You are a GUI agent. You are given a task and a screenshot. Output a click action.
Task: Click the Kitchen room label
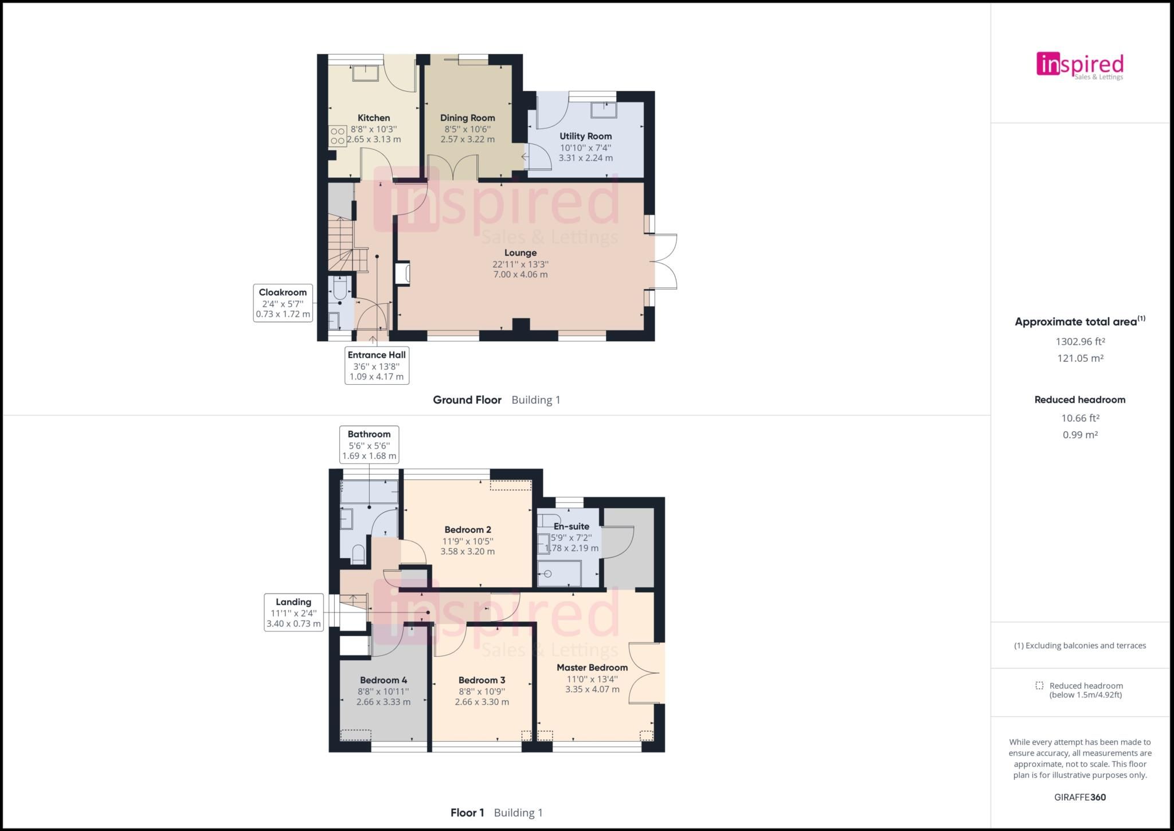pos(374,118)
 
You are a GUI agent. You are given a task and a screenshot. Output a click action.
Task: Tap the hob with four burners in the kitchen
pos(338,136)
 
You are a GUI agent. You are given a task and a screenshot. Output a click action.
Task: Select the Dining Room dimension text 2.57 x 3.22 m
pos(467,139)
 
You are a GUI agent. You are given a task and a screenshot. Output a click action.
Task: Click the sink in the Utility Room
pos(604,110)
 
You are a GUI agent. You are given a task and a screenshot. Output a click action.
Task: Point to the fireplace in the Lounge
pos(403,274)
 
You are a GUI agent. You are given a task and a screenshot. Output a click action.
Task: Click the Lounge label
pos(521,253)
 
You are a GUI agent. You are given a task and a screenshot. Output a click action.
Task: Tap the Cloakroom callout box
pos(283,303)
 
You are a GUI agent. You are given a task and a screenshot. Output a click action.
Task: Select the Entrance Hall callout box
pos(377,365)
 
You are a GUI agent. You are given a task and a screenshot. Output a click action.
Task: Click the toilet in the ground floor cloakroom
pos(340,287)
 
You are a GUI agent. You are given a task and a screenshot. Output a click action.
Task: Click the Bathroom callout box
pos(369,444)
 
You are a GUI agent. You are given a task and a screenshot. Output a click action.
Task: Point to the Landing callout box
pos(293,612)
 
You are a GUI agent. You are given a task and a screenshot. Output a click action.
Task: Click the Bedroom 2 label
pos(468,529)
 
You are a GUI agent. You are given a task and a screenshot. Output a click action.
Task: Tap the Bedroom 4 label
pos(383,680)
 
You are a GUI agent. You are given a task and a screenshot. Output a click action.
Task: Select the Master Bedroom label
pos(592,668)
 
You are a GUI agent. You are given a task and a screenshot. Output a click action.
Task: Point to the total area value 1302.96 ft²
pos(1080,342)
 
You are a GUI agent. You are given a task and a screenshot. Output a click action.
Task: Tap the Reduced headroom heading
pos(1080,400)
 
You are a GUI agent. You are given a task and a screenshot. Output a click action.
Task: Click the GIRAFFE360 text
pos(1080,797)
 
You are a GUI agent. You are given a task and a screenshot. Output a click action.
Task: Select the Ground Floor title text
pos(467,400)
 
